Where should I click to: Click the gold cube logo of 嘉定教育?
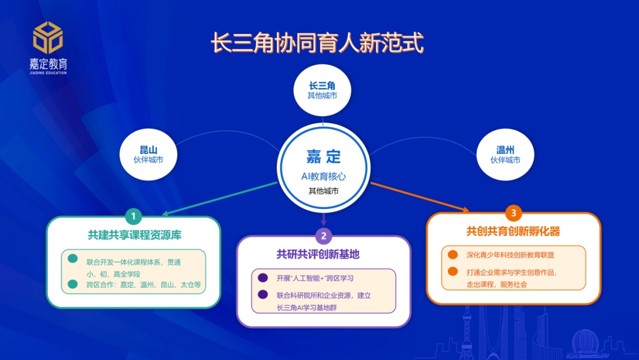pos(48,37)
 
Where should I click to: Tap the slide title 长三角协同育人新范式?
pos(318,43)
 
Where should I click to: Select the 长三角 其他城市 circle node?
pos(322,90)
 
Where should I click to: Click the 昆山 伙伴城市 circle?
pos(149,155)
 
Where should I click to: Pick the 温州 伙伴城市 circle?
pos(505,155)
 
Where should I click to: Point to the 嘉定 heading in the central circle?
pos(324,156)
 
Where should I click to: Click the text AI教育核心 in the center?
pos(324,176)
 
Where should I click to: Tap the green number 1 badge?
pos(133,216)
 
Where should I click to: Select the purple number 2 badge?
pos(324,236)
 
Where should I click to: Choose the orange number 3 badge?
pos(514,213)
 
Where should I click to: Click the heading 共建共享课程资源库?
pos(134,235)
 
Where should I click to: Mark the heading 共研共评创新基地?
pos(318,255)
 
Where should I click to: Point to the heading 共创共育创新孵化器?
pos(514,232)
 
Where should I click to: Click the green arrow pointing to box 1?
pos(220,198)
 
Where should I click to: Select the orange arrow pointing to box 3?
pos(419,197)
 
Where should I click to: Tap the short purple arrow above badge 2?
pos(324,219)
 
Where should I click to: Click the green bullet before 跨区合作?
pos(73,284)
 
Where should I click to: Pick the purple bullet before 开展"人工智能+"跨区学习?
pos(263,278)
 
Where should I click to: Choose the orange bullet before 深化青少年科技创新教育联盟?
pos(453,255)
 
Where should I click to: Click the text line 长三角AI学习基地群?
pos(307,308)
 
